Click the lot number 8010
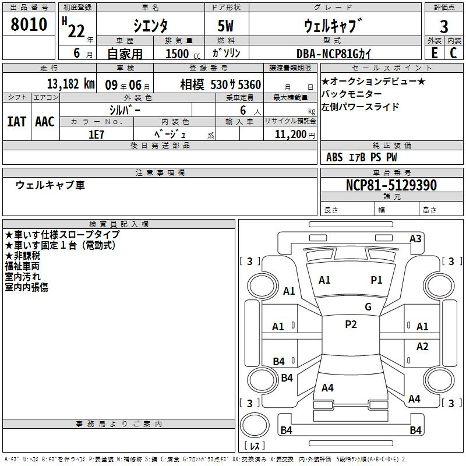[x=29, y=24]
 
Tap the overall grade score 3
[x=444, y=27]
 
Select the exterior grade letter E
[x=434, y=53]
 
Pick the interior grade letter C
[x=453, y=53]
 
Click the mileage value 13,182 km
[x=71, y=84]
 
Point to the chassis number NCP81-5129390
[x=391, y=185]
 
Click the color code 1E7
[x=96, y=135]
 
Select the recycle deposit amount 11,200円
[x=295, y=135]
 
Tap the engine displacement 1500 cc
[x=183, y=54]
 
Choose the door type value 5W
[x=225, y=26]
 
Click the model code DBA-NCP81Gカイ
[x=334, y=54]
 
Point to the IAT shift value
[x=16, y=122]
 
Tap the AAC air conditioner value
[x=45, y=122]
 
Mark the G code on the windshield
[x=368, y=307]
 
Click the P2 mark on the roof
[x=351, y=324]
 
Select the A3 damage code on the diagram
[x=415, y=239]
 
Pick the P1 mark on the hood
[x=376, y=280]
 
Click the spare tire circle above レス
[x=255, y=425]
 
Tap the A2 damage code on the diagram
[x=422, y=347]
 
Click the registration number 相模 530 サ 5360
[x=221, y=84]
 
